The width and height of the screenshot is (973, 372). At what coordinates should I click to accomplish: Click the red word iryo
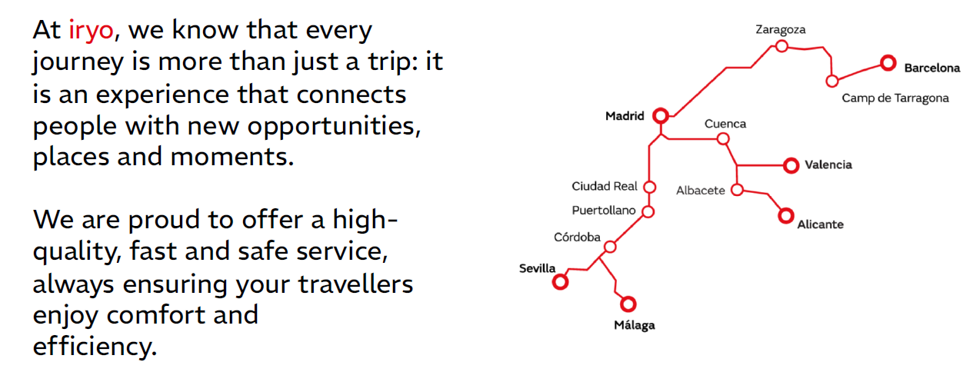[x=91, y=32]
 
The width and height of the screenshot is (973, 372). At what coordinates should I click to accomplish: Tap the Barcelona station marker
[x=888, y=63]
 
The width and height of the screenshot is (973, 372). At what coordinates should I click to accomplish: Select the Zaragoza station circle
[x=781, y=46]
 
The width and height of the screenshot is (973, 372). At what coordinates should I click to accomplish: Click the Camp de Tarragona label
[x=895, y=98]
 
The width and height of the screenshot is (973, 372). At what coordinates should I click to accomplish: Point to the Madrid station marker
[x=661, y=115]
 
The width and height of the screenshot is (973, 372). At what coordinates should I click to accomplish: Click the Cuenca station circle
[x=723, y=139]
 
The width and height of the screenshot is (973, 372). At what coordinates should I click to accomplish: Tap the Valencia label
[x=828, y=164]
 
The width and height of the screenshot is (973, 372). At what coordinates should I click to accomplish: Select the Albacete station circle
[x=737, y=190]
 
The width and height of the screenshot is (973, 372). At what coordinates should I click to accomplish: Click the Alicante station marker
[x=786, y=215]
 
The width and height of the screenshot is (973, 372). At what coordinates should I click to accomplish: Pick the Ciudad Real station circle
[x=649, y=187]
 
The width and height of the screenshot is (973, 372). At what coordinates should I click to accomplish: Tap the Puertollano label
[x=603, y=211]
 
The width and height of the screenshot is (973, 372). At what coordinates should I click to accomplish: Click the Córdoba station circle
[x=610, y=247]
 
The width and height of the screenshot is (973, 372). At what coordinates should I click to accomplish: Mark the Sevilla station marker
[x=560, y=282]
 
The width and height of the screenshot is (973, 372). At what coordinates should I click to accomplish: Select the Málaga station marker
[x=628, y=304]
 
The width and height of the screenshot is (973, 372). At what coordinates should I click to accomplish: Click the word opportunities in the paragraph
[x=334, y=127]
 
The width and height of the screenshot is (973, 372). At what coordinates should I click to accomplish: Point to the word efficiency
[x=95, y=347]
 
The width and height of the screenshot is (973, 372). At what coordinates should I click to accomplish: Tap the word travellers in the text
[x=355, y=284]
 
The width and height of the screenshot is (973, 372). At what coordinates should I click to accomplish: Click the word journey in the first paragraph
[x=78, y=62]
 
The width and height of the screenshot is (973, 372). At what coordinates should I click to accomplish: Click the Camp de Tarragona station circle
[x=831, y=81]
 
